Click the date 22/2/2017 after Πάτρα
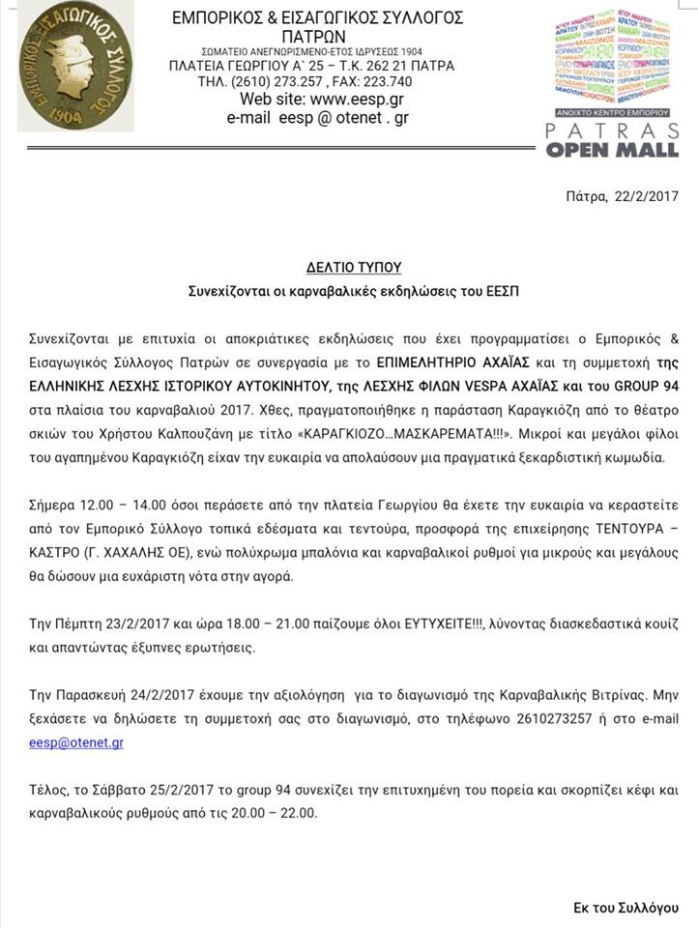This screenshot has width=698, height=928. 647,195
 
